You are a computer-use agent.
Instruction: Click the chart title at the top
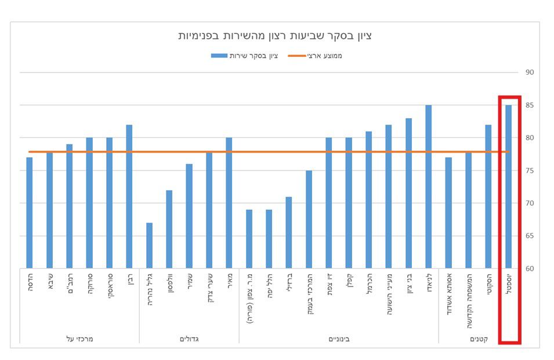point(275,36)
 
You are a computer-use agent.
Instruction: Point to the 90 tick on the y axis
point(529,72)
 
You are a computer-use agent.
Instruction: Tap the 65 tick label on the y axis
point(529,236)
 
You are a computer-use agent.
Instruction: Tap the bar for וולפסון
point(169,229)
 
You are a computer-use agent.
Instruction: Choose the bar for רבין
point(129,197)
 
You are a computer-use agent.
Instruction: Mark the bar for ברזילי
point(288,232)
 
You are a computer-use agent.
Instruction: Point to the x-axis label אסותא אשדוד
point(448,292)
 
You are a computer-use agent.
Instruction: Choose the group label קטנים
point(477,338)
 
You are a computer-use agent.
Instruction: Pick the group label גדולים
point(189,338)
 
